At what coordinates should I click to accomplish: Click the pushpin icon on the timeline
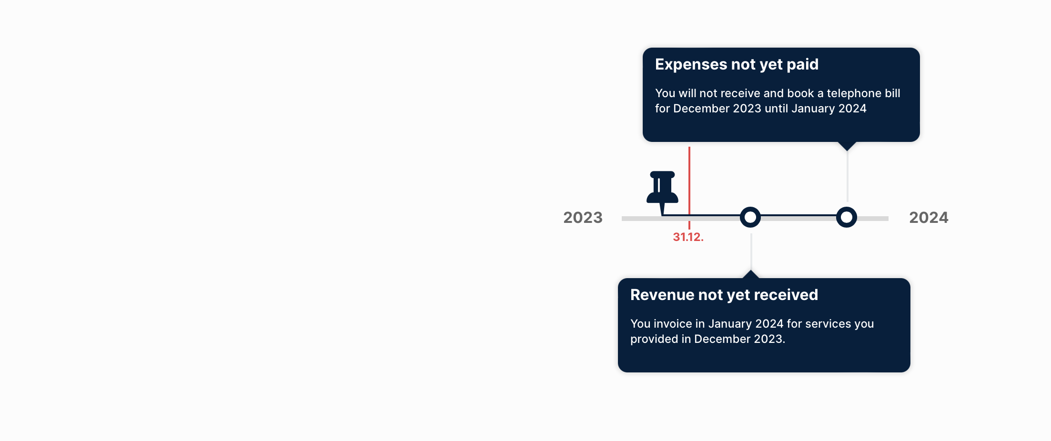pos(662,190)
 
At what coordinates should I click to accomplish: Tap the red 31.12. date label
pos(688,237)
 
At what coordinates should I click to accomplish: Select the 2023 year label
pos(583,218)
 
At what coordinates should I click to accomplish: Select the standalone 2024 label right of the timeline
pos(929,218)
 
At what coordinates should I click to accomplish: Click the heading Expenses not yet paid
pos(737,65)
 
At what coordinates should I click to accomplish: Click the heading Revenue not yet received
pos(724,295)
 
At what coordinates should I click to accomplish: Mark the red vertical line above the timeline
pos(689,181)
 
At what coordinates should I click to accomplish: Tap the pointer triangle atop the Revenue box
pos(750,274)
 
